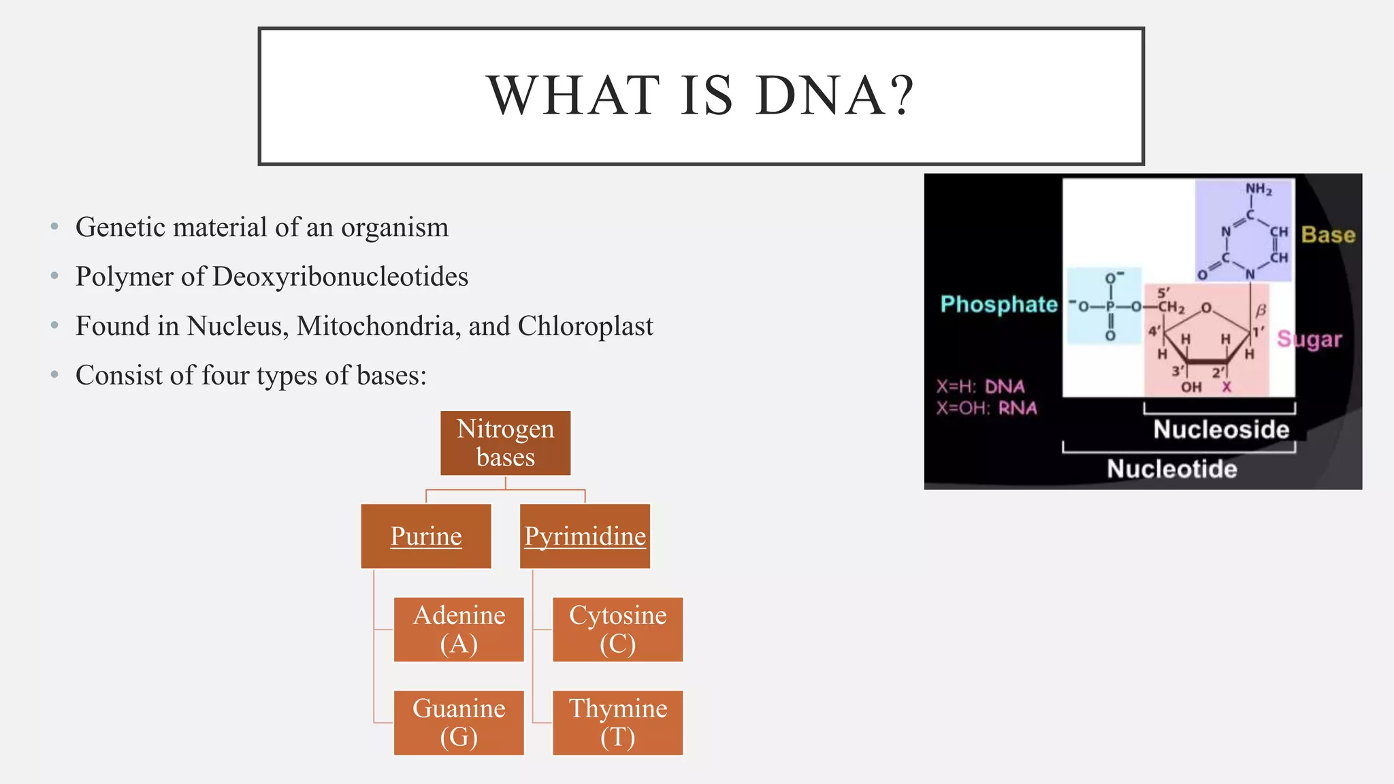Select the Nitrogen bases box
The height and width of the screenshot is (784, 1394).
(x=505, y=443)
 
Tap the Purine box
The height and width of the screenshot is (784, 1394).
(x=426, y=536)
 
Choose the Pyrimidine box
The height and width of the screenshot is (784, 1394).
(x=585, y=536)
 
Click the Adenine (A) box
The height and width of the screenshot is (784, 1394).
(x=459, y=630)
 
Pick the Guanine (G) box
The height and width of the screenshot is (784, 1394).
(x=459, y=723)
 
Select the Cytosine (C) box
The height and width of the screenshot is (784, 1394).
(x=617, y=630)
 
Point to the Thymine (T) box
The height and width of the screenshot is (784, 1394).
(x=617, y=723)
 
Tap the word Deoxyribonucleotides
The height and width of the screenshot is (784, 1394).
(x=340, y=277)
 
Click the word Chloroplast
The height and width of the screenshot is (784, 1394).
(x=585, y=327)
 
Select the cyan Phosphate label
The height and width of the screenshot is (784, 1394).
(x=999, y=304)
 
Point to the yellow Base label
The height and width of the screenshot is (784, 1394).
(x=1328, y=235)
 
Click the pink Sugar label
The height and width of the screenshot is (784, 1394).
(x=1309, y=339)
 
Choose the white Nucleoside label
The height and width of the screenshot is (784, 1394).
(x=1221, y=429)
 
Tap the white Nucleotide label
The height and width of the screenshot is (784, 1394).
(x=1171, y=469)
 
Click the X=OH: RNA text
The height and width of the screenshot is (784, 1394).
(x=986, y=408)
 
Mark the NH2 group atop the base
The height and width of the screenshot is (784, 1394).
(x=1258, y=189)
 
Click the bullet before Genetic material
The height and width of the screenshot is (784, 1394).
(x=54, y=227)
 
